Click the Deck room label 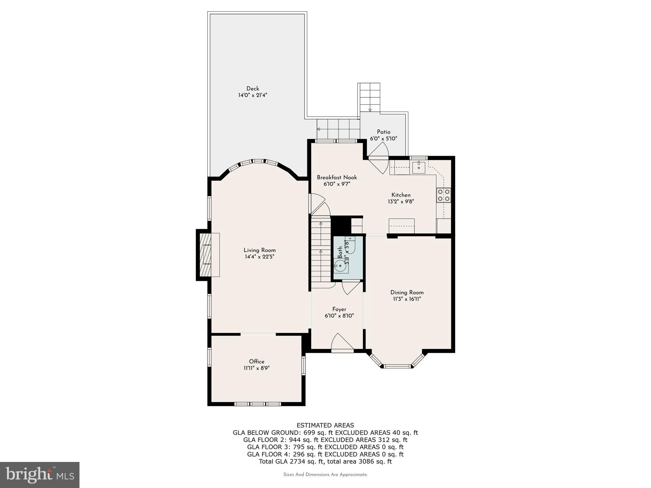tap(253, 89)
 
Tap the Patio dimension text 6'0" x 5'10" tap(383, 139)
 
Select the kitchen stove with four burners tap(444, 195)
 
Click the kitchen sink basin tap(419, 167)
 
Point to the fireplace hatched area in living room tap(205, 255)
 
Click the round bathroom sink tap(340, 266)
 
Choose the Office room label tap(257, 362)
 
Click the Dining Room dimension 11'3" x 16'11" tap(407, 299)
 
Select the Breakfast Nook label tap(337, 177)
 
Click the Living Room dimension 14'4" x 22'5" tap(259, 257)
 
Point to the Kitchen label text tap(401, 195)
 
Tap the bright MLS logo tap(40, 475)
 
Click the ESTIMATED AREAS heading tap(325, 425)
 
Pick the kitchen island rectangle tap(401, 226)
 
